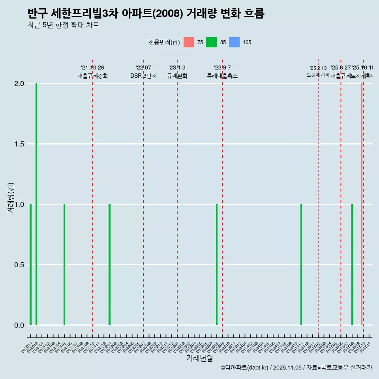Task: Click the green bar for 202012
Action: [x=36, y=204]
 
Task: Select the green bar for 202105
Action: [x=64, y=265]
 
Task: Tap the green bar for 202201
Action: [x=109, y=265]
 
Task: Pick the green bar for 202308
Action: [x=217, y=265]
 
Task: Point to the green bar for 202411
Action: [x=301, y=265]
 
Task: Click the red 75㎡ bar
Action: [x=361, y=204]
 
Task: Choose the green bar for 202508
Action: [x=352, y=265]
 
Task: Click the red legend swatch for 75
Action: [x=189, y=42]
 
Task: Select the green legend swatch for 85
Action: [x=212, y=42]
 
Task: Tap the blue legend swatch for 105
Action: [x=235, y=42]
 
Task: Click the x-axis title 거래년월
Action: [x=199, y=358]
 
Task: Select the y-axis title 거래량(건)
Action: [x=11, y=198]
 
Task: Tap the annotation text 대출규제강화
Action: [x=92, y=76]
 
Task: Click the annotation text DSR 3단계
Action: [x=143, y=76]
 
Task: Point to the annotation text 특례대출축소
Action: [x=222, y=76]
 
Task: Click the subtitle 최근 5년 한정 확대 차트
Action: [x=63, y=25]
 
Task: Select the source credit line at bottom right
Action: [x=296, y=368]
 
